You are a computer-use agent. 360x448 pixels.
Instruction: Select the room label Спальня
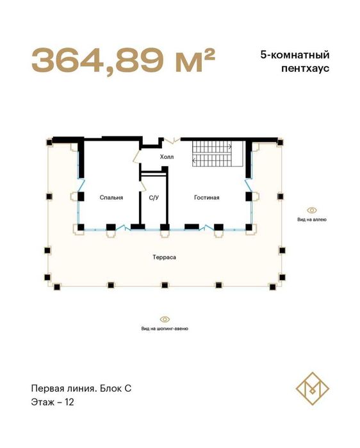click(111, 198)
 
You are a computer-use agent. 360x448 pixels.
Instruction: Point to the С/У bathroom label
click(154, 198)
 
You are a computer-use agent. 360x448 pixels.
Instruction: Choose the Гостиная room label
click(207, 198)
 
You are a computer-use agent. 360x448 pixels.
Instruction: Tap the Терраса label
click(165, 257)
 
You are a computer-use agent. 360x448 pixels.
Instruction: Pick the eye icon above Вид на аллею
click(312, 210)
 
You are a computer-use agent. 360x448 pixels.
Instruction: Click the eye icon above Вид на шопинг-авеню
click(165, 319)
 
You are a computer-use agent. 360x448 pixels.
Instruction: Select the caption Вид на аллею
click(312, 219)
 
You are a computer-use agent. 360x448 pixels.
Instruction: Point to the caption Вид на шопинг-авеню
click(165, 329)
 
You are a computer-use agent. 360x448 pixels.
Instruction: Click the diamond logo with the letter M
click(312, 386)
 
